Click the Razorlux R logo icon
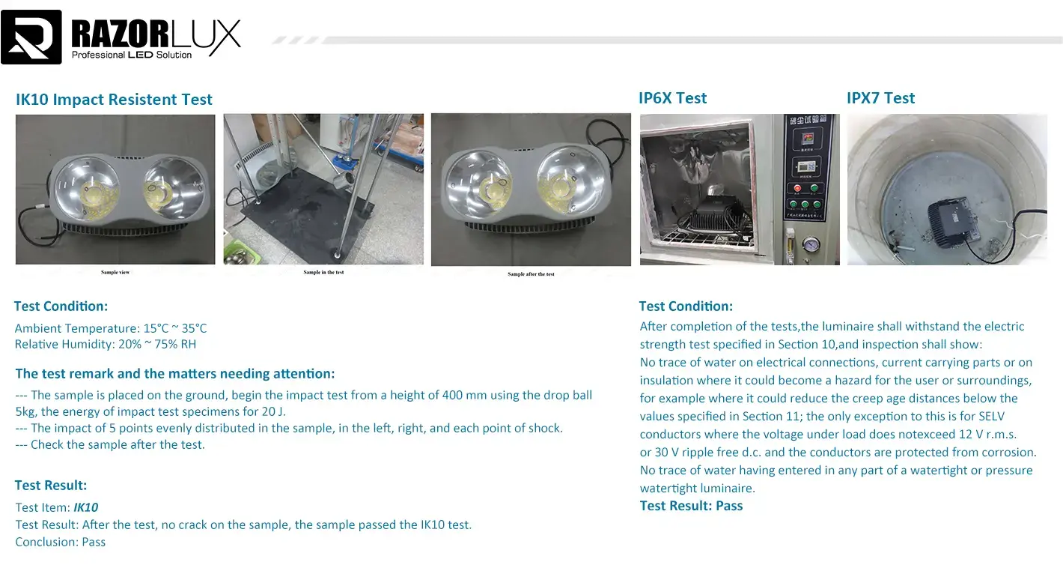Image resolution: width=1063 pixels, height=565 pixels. pyautogui.click(x=31, y=37)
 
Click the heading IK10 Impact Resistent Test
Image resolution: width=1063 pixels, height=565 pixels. pyautogui.click(x=114, y=100)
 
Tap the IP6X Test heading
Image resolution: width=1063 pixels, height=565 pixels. pyautogui.click(x=672, y=98)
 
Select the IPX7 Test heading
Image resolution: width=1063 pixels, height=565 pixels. pyautogui.click(x=880, y=98)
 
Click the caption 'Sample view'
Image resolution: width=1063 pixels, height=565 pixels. pyautogui.click(x=115, y=272)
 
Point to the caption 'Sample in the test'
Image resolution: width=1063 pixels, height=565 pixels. pyautogui.click(x=323, y=272)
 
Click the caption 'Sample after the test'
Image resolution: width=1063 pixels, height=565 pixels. pyautogui.click(x=531, y=274)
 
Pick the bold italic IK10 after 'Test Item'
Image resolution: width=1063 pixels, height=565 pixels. pyautogui.click(x=85, y=507)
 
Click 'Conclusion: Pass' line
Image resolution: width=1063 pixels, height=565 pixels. pyautogui.click(x=61, y=542)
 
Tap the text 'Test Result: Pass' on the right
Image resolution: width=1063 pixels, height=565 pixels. pyautogui.click(x=691, y=506)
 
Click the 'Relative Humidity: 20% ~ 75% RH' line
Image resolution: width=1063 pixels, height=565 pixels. pyautogui.click(x=106, y=345)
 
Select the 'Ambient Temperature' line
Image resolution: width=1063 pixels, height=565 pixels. pyautogui.click(x=111, y=328)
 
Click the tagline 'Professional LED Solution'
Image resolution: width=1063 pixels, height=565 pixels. pyautogui.click(x=132, y=55)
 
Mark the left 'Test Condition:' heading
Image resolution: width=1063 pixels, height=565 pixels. pyautogui.click(x=61, y=306)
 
